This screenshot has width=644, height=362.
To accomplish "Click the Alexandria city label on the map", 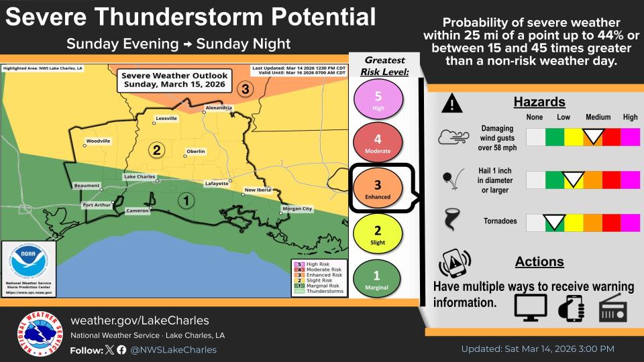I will click(219, 107).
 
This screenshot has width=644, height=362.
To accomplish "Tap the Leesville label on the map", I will click(166, 118).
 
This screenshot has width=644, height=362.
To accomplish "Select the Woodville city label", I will click(98, 141).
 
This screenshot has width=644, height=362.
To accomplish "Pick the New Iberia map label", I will click(258, 190).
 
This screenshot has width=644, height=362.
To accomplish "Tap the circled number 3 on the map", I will click(246, 88).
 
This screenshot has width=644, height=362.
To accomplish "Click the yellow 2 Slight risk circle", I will click(377, 235).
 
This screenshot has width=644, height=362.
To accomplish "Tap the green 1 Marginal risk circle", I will click(377, 280).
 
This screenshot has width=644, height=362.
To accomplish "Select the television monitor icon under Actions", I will click(531, 307).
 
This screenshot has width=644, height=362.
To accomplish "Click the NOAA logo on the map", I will click(28, 265).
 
